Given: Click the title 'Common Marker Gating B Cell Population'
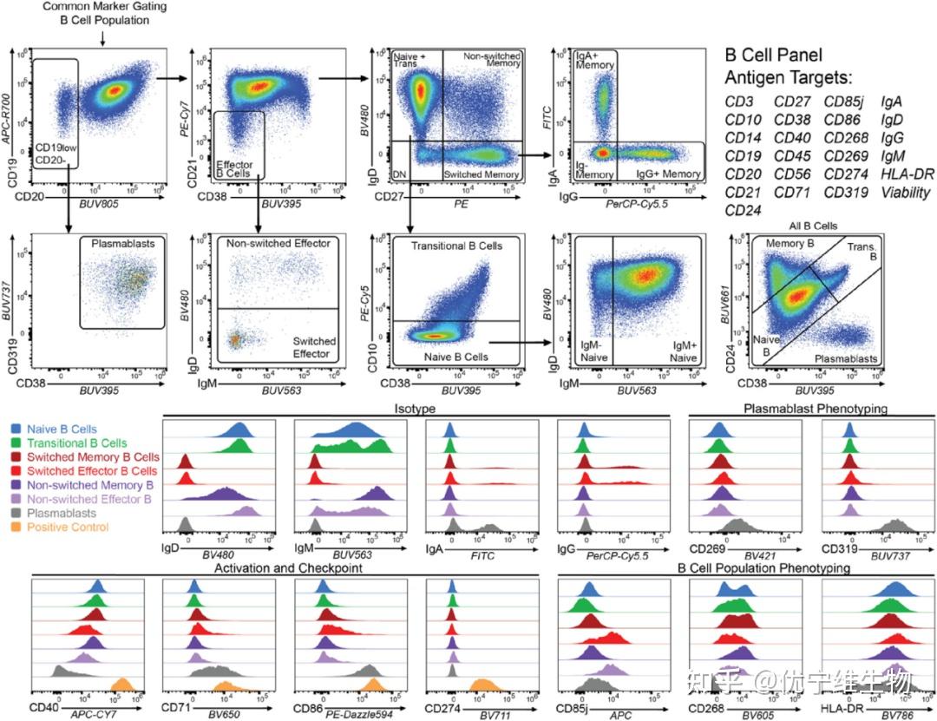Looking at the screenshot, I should click(x=102, y=13).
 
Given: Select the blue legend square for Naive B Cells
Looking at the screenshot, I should click(x=16, y=429).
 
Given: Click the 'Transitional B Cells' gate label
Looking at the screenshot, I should click(x=445, y=246).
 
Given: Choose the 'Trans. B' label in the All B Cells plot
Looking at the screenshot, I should click(x=862, y=251).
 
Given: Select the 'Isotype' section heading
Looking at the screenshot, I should click(x=416, y=409).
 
